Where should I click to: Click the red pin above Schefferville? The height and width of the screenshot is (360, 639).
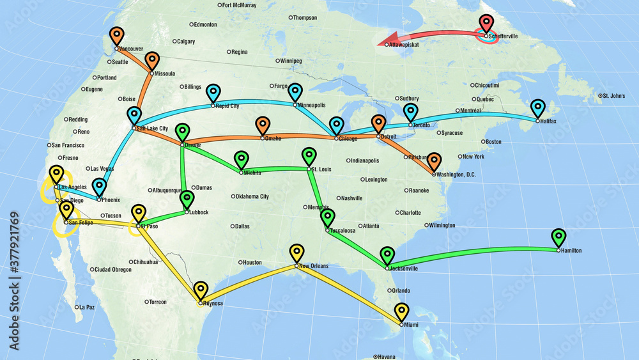[487, 23]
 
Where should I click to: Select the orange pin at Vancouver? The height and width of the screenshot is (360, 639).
[116, 35]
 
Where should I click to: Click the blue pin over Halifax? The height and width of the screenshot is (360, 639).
[538, 107]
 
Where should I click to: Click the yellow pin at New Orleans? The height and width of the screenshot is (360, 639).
[296, 252]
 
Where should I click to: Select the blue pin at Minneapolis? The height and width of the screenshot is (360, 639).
[295, 91]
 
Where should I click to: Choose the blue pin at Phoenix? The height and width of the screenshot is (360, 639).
[99, 186]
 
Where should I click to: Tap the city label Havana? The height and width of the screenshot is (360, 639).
[387, 356]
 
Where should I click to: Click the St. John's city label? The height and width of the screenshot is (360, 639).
[614, 96]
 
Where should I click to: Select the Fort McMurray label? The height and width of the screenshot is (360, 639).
[238, 5]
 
